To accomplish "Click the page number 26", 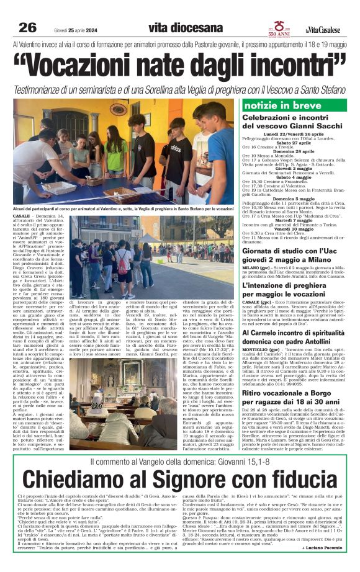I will click(28, 28).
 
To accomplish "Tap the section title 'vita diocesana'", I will click(186, 28).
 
